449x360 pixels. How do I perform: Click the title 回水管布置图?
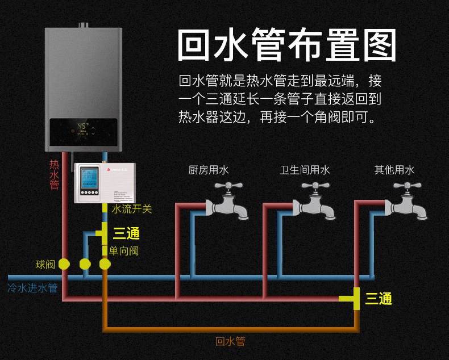tap(287, 45)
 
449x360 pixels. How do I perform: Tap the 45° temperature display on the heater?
tap(83, 126)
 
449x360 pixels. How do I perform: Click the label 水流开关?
tap(132, 209)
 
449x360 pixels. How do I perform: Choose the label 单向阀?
tap(124, 250)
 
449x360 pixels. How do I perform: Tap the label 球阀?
tap(45, 264)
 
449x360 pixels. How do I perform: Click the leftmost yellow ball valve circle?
tap(64, 264)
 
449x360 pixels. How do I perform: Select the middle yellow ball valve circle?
tap(85, 264)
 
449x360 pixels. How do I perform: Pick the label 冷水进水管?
tap(32, 288)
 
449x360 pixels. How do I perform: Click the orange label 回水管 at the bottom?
tap(230, 341)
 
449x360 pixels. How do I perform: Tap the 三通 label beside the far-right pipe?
tap(379, 299)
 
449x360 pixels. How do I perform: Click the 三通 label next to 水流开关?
tap(126, 233)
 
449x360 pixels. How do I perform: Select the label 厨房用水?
tap(209, 170)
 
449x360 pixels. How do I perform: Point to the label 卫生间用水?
tap(305, 170)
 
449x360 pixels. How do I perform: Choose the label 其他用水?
tap(394, 170)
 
